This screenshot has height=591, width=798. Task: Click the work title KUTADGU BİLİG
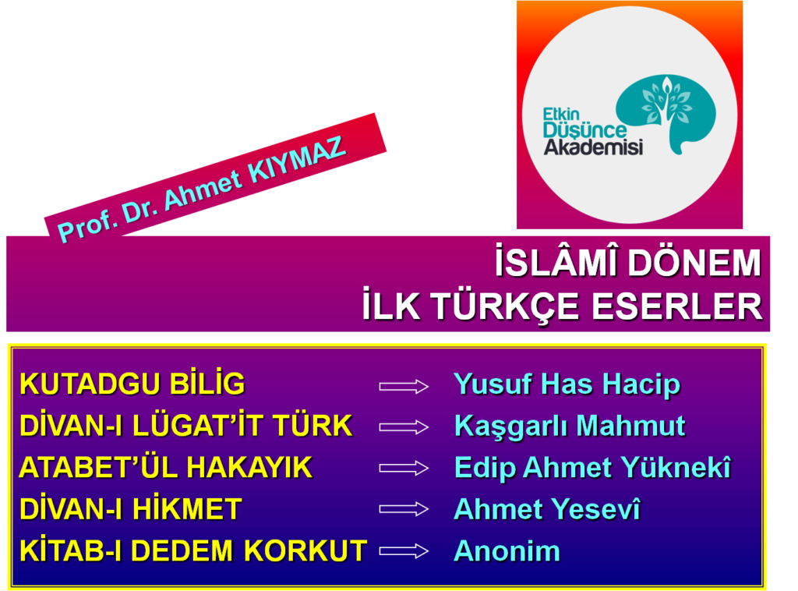coord(132,383)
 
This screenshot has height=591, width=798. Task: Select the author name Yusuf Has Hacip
coord(567,384)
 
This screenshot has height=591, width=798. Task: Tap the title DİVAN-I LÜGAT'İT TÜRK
coord(185,425)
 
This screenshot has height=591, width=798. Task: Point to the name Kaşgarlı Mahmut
coord(570,426)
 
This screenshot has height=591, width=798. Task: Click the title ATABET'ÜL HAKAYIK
coord(165,467)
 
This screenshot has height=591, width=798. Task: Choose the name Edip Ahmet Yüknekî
coord(592,467)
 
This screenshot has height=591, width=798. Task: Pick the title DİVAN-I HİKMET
coord(130,508)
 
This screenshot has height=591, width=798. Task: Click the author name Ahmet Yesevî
coord(547,509)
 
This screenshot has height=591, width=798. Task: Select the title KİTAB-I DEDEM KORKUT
coord(193,550)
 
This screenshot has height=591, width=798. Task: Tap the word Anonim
coord(507,550)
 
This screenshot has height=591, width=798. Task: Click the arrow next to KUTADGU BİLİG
coord(404,387)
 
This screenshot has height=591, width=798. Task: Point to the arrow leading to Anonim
coord(404,551)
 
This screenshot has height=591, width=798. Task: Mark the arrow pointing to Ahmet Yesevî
coord(404,509)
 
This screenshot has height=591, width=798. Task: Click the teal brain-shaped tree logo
coord(666,113)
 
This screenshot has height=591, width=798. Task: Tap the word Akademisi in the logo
coord(593,147)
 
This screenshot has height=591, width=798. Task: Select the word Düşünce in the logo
coord(584,129)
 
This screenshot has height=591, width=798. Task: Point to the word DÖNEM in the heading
coord(694,263)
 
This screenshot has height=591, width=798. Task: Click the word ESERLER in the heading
coord(677,306)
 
